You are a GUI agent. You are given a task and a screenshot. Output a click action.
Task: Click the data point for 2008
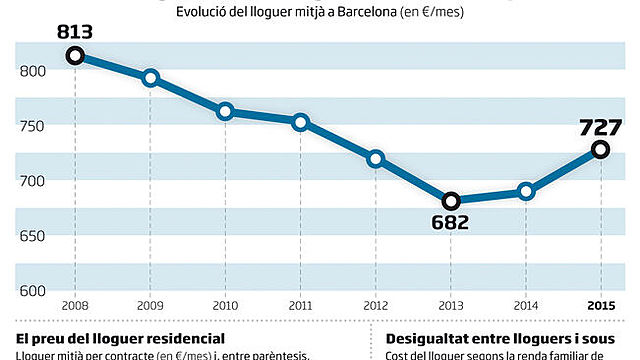point(75,56)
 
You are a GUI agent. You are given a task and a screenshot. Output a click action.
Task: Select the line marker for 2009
point(150,78)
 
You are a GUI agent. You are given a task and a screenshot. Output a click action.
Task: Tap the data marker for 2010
point(225,111)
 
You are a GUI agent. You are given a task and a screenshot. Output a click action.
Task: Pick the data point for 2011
point(300,122)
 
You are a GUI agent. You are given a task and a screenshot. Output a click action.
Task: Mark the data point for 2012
point(375,158)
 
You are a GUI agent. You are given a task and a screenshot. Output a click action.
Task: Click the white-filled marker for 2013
point(451,200)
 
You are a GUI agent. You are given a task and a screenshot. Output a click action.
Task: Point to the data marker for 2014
point(526,191)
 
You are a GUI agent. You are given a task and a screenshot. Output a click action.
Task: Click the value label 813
point(75,32)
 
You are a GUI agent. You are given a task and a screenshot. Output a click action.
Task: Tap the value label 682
point(451,222)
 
